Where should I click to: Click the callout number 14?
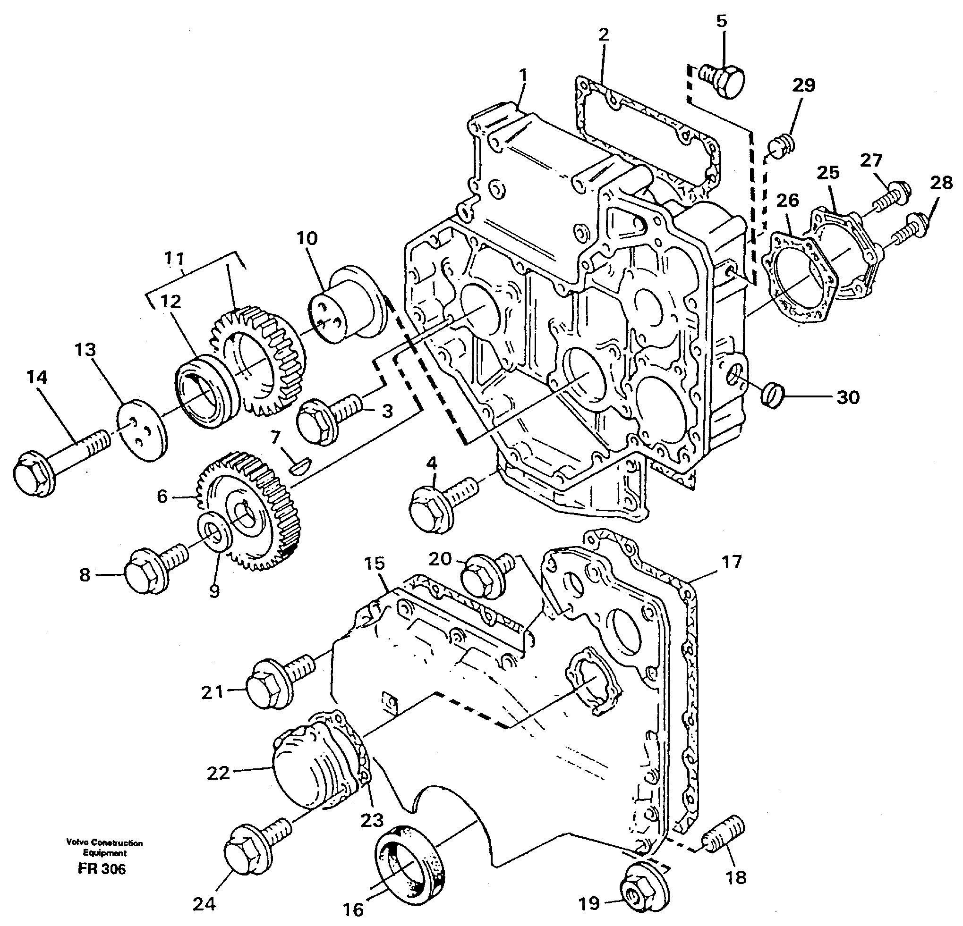37,377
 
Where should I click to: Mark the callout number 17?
731,561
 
